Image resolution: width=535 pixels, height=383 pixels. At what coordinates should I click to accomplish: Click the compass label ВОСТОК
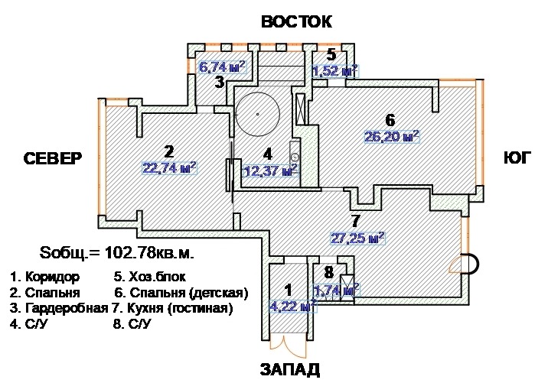(296, 21)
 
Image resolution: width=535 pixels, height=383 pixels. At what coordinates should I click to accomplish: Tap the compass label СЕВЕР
(52, 160)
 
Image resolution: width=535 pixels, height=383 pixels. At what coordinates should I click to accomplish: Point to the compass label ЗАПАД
(289, 370)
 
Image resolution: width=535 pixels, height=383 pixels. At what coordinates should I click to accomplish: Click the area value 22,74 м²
(169, 167)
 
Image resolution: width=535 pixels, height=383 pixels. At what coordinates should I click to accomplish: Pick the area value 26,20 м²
(391, 138)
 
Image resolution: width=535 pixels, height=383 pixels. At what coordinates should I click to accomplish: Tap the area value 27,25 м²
(356, 239)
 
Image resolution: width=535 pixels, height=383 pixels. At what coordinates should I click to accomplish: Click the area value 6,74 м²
(221, 67)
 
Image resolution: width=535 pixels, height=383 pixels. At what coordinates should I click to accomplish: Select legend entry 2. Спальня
(38, 292)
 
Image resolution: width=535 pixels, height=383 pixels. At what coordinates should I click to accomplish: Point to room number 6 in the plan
(390, 120)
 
